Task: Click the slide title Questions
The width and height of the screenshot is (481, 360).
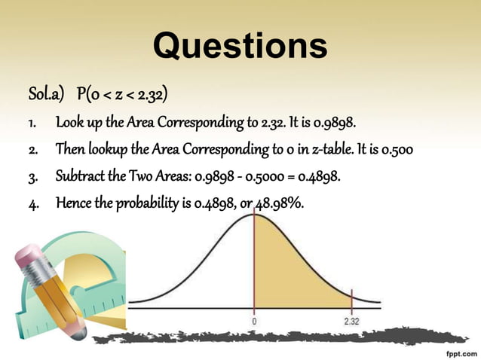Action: click(x=240, y=47)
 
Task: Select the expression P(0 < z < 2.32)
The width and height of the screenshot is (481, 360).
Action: click(x=121, y=96)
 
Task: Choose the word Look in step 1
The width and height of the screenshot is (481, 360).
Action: click(x=67, y=123)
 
